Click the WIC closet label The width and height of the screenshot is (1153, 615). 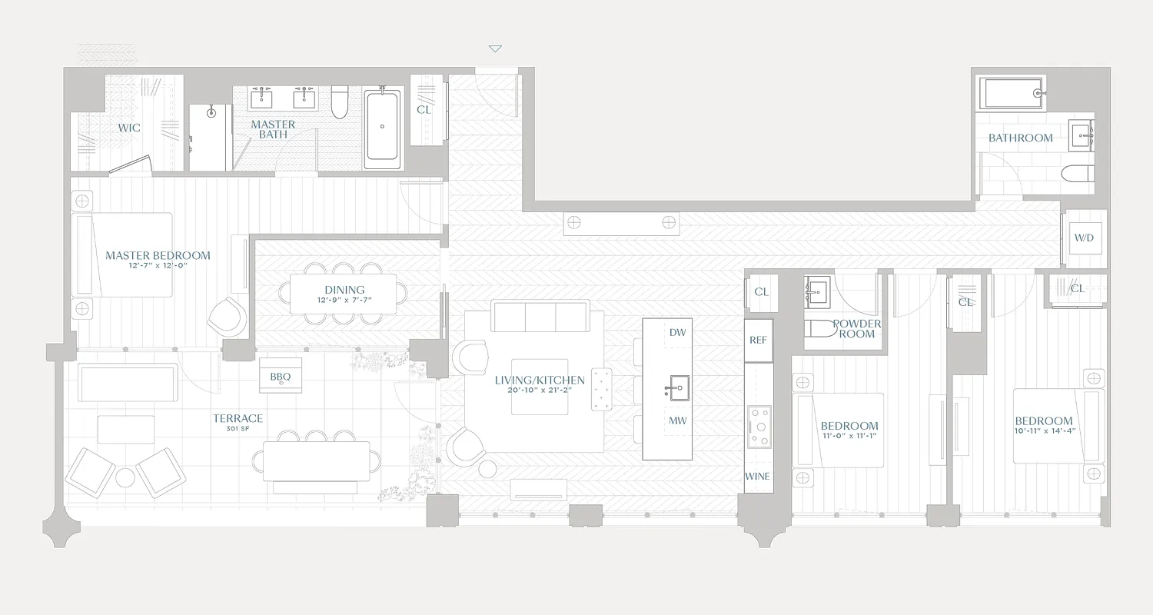tap(129, 128)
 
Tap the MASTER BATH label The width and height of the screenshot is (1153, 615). tap(273, 129)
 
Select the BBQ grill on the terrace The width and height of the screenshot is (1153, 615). tap(280, 376)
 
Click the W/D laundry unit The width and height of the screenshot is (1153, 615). tap(1084, 238)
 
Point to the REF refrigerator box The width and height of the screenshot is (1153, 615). tap(758, 341)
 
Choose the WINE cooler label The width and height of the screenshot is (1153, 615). tap(757, 477)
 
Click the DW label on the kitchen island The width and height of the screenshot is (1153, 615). tap(677, 333)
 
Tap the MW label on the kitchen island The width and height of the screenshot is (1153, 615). tap(677, 421)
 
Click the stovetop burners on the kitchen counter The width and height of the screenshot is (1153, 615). tap(759, 426)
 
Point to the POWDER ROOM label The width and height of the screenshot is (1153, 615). tap(857, 328)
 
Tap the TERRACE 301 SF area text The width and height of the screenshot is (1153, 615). tap(238, 423)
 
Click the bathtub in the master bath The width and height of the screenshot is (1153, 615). tap(382, 129)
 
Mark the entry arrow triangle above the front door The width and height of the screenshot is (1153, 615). tap(495, 49)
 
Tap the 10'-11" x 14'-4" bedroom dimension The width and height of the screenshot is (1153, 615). tap(1043, 431)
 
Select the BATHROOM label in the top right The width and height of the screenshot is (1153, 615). tap(1020, 138)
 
